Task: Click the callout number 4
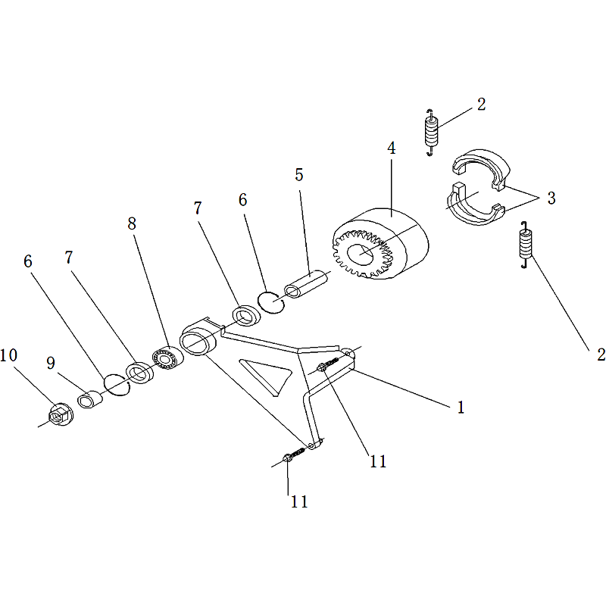[x=392, y=148]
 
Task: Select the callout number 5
[x=298, y=175]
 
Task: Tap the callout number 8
[x=132, y=223]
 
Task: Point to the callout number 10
[x=8, y=355]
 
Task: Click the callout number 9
[x=51, y=364]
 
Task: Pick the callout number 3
[x=551, y=198]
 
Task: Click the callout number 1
[x=461, y=408]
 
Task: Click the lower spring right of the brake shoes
[x=526, y=244]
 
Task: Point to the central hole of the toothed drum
[x=361, y=254]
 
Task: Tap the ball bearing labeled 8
[x=167, y=358]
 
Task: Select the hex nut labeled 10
[x=61, y=414]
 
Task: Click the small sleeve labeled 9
[x=90, y=400]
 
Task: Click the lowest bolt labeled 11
[x=295, y=454]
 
